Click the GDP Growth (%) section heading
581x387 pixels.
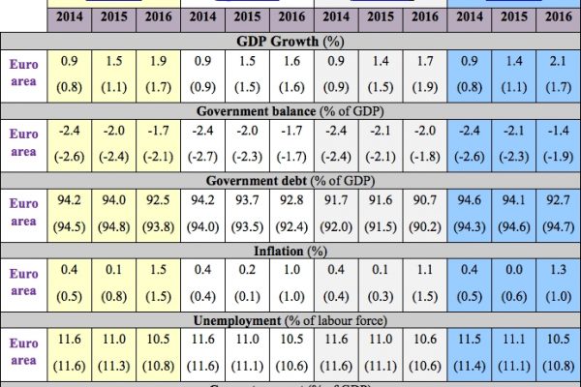pos(290,42)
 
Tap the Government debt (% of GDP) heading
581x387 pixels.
pos(290,179)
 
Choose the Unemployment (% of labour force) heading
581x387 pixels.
pos(290,320)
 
